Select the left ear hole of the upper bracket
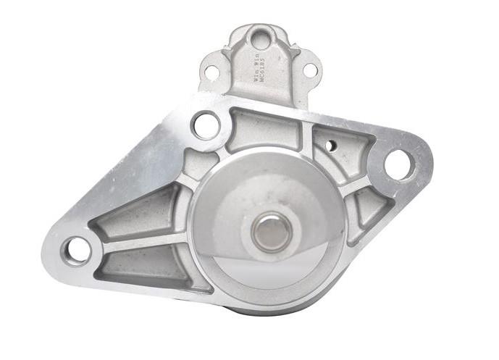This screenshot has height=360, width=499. pyautogui.click(x=211, y=72)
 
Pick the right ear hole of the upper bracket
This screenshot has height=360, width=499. pyautogui.click(x=309, y=70)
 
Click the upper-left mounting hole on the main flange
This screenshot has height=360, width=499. pyautogui.click(x=206, y=125)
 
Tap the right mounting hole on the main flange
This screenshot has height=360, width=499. pyautogui.click(x=398, y=164)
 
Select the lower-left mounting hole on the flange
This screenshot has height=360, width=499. pyautogui.click(x=77, y=250)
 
